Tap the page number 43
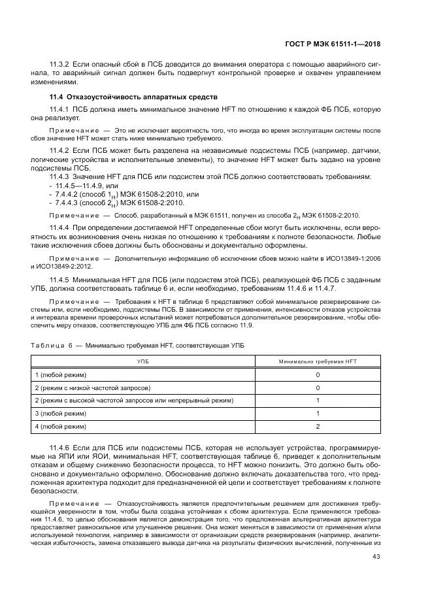click(375, 556)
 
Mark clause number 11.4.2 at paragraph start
click(61, 150)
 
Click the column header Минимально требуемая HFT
click(318, 361)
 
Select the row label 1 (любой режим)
click(61, 374)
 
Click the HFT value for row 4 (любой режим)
click(318, 426)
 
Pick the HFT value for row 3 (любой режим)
click(318, 413)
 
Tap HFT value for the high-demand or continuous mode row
click(318, 400)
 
